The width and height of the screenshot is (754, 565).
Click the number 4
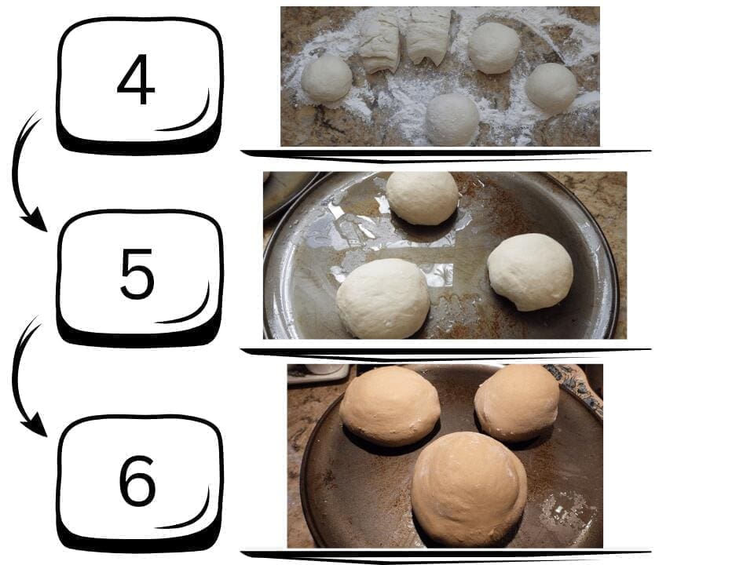pos(136,79)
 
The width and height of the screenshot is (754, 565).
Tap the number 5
pos(137,274)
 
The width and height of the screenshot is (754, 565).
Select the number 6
pos(137,480)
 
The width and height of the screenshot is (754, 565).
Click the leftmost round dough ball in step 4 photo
pos(327,78)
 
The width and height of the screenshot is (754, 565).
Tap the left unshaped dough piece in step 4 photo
pos(380,43)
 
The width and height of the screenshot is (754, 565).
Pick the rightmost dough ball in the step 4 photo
pos(551,89)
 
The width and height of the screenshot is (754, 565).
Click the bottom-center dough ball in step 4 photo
pos(452,119)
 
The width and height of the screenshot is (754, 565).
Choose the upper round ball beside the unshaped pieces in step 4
pos(494,48)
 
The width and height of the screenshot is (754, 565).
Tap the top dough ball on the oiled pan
pos(423,198)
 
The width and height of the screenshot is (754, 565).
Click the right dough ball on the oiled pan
pos(530,272)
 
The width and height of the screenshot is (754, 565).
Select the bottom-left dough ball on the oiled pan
pos(383,298)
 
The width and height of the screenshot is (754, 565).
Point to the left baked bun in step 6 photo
pos(390,406)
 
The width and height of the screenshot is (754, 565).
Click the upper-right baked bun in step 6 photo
pos(517,403)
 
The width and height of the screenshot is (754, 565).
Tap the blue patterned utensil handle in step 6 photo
pos(575,387)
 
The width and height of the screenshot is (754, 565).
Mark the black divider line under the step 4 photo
pos(446,155)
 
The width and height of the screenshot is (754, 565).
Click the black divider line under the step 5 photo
pos(446,354)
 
